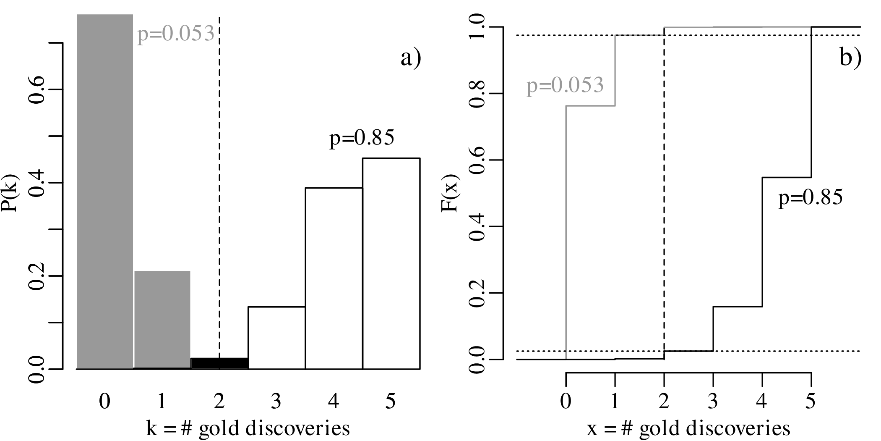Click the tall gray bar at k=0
[104, 191]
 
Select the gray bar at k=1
[162, 319]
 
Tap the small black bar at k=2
[219, 363]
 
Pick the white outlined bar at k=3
[276, 338]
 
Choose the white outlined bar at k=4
[334, 278]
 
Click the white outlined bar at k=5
[391, 263]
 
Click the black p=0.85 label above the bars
[362, 138]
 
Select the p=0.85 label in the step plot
[810, 197]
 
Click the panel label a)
[410, 58]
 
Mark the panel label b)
[850, 58]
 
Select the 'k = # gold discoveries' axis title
[248, 428]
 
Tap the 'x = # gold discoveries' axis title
[688, 428]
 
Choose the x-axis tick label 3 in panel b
[713, 402]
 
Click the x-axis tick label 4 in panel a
[334, 402]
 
